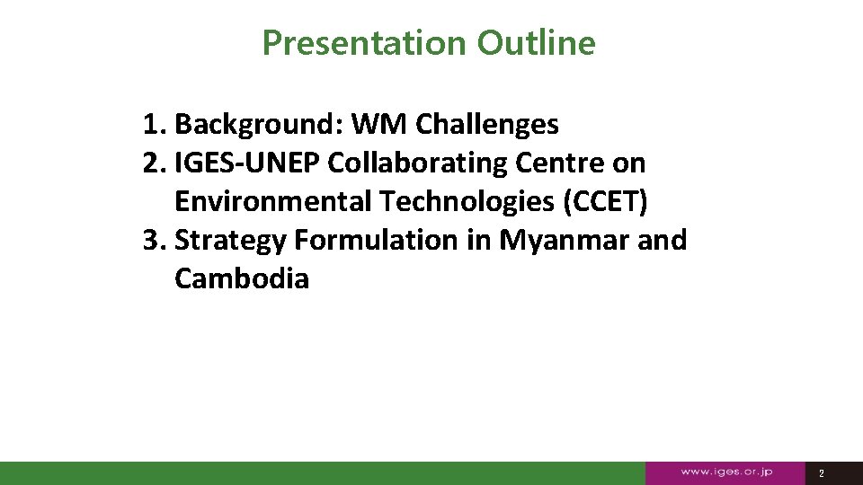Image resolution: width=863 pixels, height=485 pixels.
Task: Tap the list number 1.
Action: pos(152,124)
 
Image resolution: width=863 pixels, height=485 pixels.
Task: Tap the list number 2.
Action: pos(152,163)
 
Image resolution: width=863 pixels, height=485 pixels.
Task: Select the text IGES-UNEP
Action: pos(248,163)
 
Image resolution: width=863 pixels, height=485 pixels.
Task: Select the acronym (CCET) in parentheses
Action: pos(604,201)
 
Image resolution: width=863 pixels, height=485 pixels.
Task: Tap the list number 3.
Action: pos(152,240)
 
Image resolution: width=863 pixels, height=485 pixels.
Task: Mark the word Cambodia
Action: pos(241,278)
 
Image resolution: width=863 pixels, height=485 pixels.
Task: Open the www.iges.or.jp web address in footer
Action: pos(726,472)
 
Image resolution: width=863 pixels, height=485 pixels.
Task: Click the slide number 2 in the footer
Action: pos(821,472)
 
